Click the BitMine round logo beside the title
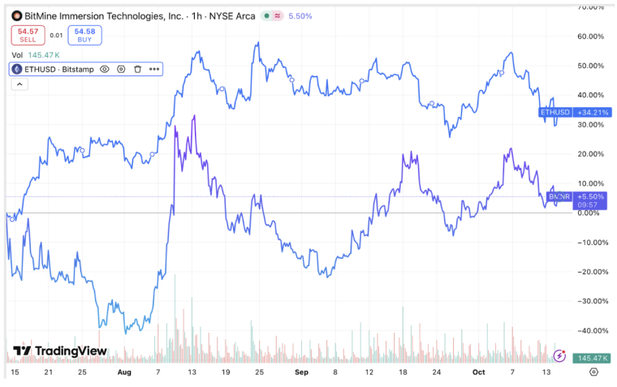pyautogui.click(x=16, y=15)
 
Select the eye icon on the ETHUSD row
pyautogui.click(x=104, y=70)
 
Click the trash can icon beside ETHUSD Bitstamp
pyautogui.click(x=137, y=70)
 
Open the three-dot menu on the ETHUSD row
pyautogui.click(x=153, y=70)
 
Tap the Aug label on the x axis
pyautogui.click(x=123, y=372)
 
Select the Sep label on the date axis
pyautogui.click(x=301, y=372)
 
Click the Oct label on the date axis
pyautogui.click(x=479, y=372)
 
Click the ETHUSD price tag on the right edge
pyautogui.click(x=555, y=112)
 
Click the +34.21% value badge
pyautogui.click(x=590, y=112)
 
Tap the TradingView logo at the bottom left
pyautogui.click(x=60, y=351)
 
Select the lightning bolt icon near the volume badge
pyautogui.click(x=559, y=355)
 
